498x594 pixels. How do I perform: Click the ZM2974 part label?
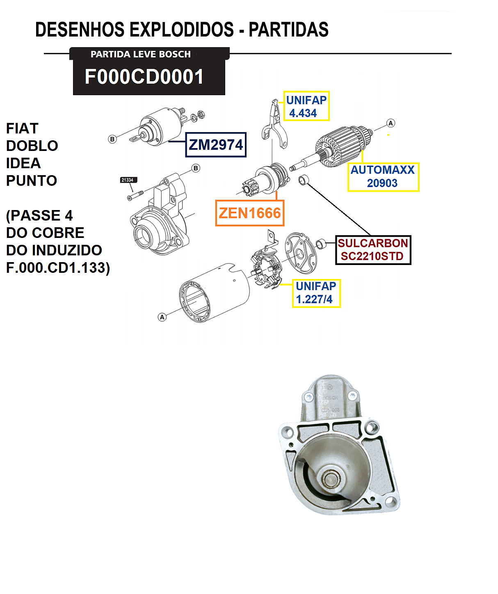coord(216,145)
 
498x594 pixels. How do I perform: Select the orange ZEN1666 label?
coord(249,213)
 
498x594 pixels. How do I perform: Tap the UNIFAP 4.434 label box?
coord(306,106)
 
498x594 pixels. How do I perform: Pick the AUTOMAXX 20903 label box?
coord(383,176)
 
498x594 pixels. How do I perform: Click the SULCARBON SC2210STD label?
coord(373,250)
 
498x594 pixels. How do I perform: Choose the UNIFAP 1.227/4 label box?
coord(316,293)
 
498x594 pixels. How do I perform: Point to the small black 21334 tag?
coord(128,180)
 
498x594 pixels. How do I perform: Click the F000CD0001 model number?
coord(144,77)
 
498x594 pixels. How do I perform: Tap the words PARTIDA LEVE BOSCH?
coord(141,54)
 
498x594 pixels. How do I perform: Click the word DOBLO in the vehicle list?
coord(32,146)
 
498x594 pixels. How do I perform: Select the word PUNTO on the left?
coord(32,180)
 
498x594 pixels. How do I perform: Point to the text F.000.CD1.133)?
coord(58,268)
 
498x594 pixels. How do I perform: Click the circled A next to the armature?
coord(391,123)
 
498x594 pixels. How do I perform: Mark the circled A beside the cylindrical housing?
coord(162,317)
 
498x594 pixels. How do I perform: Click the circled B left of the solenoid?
coord(112,139)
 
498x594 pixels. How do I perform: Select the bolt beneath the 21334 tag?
coord(135,195)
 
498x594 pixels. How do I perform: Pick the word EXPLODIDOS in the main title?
coord(182,30)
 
